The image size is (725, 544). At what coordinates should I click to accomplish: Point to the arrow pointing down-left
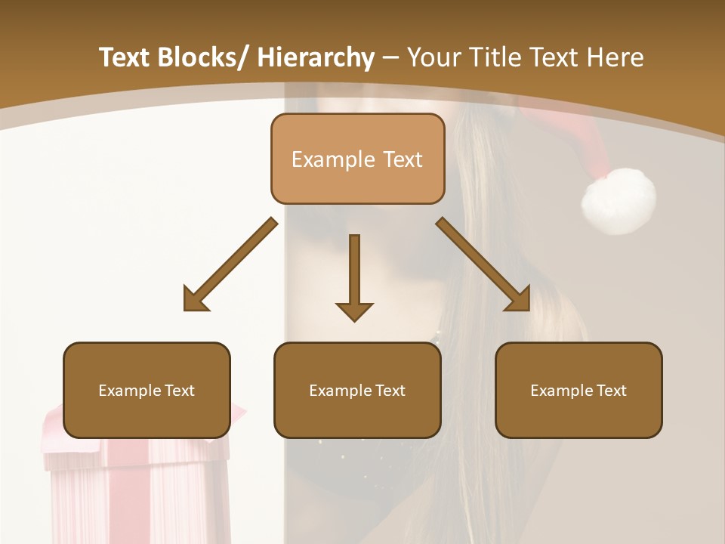coord(230,264)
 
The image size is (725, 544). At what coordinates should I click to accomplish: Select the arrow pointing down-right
coord(483,264)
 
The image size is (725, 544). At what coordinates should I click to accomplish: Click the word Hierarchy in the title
coord(316,57)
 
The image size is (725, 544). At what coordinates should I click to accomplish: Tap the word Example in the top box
coord(333,159)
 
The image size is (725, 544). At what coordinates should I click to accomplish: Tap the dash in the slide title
coord(390,58)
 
